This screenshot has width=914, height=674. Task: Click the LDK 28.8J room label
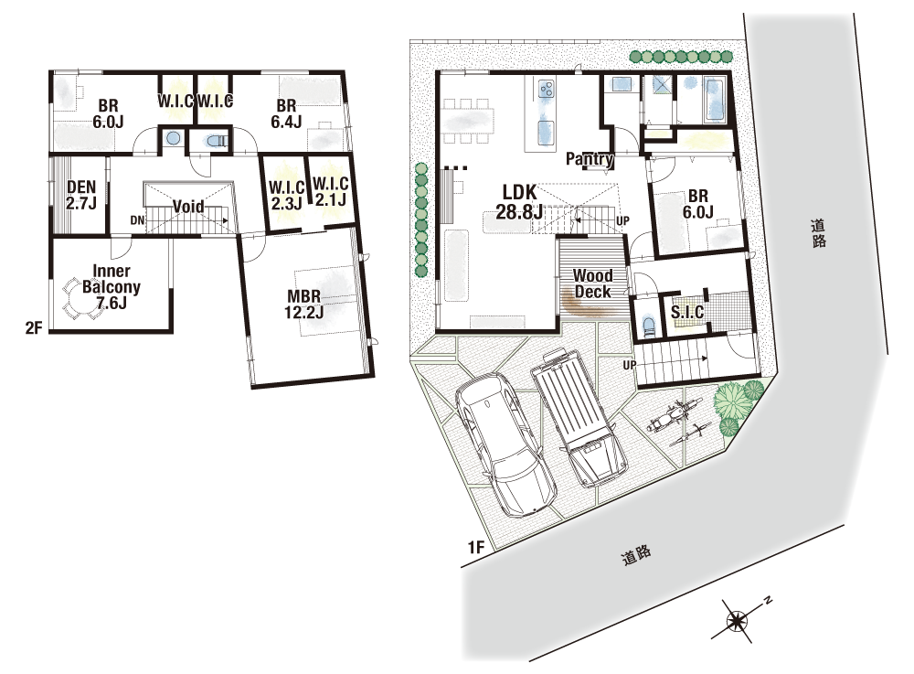point(519,202)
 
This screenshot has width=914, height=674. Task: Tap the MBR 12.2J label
point(303,304)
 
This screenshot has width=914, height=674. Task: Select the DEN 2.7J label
point(81,195)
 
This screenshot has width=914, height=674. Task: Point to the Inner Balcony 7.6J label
point(111,286)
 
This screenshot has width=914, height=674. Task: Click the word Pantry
point(590,158)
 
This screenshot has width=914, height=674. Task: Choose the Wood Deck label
point(593,284)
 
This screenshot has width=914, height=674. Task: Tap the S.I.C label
point(687,312)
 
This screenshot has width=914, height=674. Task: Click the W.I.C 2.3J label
point(286,196)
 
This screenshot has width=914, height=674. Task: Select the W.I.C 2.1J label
point(331,192)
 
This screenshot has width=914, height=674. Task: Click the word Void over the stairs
point(188,207)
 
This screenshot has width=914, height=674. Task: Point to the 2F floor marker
point(34,327)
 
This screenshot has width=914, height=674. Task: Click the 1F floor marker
point(476,547)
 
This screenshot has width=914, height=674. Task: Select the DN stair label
point(137,220)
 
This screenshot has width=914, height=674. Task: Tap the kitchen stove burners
point(547,89)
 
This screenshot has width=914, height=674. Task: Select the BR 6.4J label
point(286,113)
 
